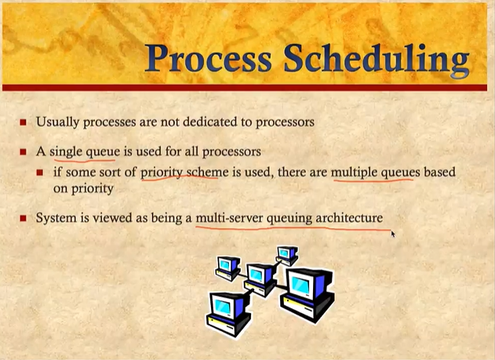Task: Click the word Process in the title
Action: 209,58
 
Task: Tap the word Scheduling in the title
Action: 377,60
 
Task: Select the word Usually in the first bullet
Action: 57,122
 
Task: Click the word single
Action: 66,151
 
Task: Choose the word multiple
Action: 354,173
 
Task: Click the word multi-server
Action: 229,218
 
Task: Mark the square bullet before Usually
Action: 23,122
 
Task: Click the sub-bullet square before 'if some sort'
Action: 40,173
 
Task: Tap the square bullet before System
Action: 23,218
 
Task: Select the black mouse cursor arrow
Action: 393,234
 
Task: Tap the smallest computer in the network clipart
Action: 287,255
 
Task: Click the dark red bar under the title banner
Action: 245,88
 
